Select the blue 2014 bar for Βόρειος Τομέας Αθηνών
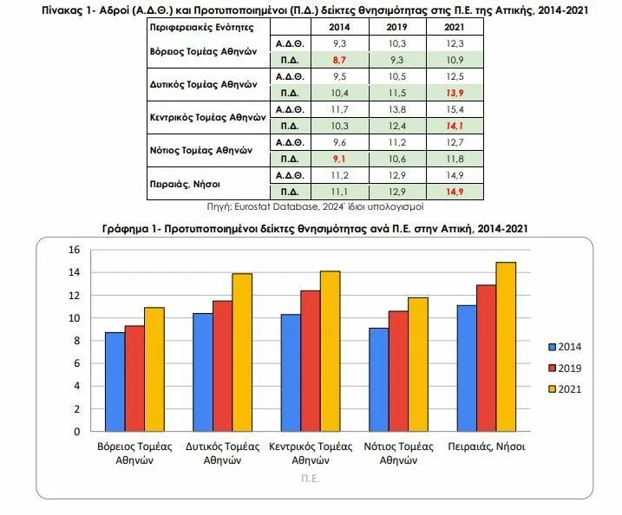pos(115,381)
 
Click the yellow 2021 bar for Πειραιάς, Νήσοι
pos(507,347)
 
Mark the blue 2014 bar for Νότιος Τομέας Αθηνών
pos(378,379)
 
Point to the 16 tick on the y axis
pos(74,250)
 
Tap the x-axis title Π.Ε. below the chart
pos(311,478)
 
